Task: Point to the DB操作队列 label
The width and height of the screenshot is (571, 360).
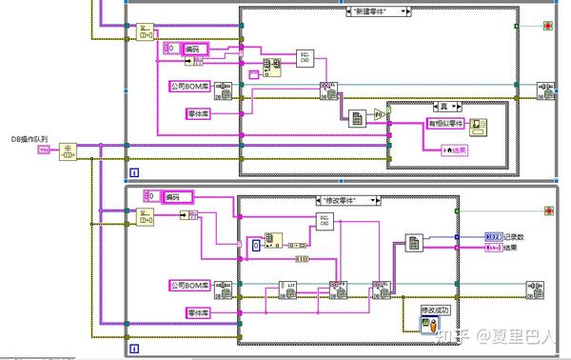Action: coord(30,139)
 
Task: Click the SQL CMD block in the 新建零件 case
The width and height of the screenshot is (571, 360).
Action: coord(304,57)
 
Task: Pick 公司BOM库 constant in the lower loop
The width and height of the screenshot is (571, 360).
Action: coord(192,285)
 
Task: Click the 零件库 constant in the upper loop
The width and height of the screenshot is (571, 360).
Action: coord(201,114)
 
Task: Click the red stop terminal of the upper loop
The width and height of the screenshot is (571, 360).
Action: coord(547,25)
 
